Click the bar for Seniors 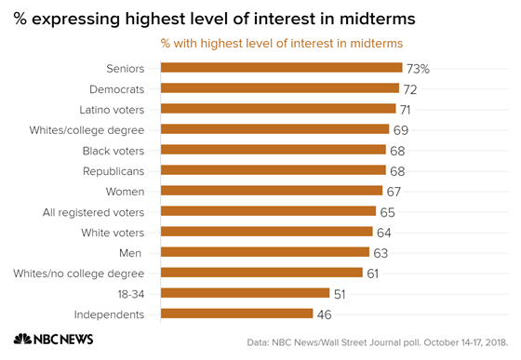click(281, 68)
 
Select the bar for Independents click(236, 313)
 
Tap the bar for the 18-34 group click(245, 293)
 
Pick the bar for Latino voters click(278, 109)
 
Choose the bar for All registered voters click(268, 211)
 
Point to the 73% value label click(418, 68)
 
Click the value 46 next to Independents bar click(326, 313)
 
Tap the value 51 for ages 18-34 click(341, 293)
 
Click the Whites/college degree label click(99, 129)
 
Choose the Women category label click(126, 191)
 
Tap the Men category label click(133, 252)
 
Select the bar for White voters click(266, 232)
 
